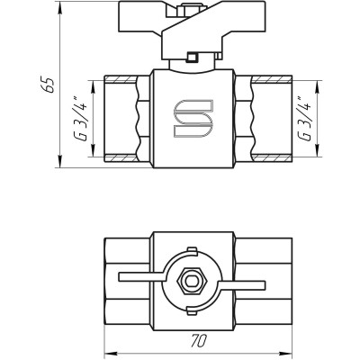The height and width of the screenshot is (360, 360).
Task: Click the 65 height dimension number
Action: pos(51,85)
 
